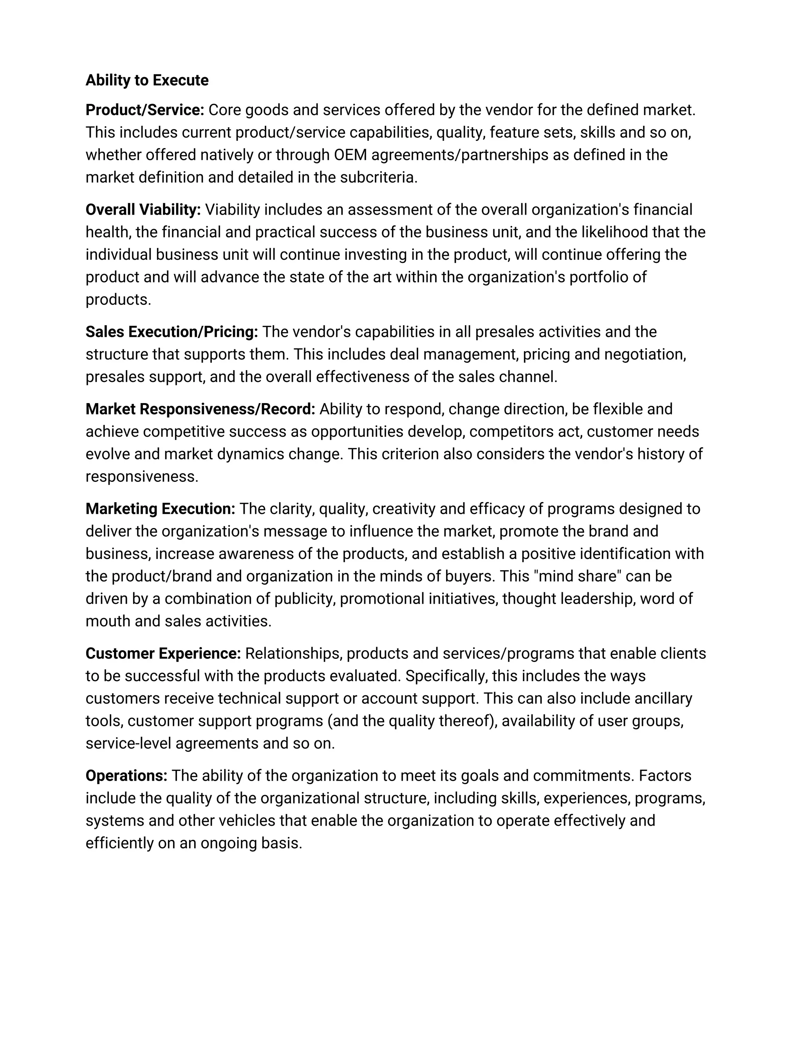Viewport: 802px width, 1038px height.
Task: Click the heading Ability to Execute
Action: pos(147,80)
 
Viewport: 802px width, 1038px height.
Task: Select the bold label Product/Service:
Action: pos(145,110)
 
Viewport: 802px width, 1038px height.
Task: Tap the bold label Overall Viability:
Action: pos(143,210)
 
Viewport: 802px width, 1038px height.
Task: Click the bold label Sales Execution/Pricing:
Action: pos(172,332)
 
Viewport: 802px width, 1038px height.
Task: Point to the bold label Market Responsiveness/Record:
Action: pos(200,409)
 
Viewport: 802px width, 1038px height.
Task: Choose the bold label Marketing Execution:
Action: pos(160,509)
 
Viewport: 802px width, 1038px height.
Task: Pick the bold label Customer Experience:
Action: pos(163,653)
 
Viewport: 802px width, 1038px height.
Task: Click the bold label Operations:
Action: pos(126,776)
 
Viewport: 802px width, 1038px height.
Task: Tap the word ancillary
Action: pos(659,699)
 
